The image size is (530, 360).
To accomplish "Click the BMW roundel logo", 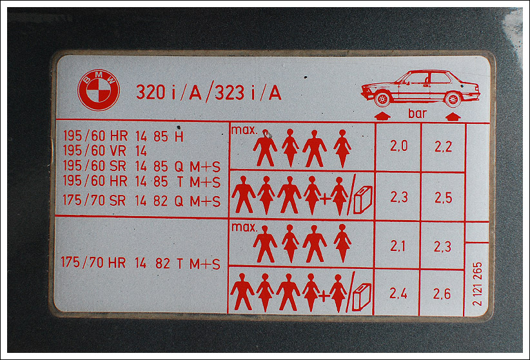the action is click(99, 90).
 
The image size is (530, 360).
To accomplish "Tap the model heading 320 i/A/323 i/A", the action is click(208, 92).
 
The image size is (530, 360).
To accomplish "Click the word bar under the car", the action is click(417, 114).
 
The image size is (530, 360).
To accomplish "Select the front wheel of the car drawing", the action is click(382, 99).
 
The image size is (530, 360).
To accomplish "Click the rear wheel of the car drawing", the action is click(453, 100).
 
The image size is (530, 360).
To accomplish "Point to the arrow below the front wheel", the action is click(382, 116).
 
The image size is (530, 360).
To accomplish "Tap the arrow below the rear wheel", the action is click(453, 117).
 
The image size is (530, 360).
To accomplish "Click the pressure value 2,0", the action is click(399, 146).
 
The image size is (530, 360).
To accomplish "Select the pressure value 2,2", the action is click(443, 146).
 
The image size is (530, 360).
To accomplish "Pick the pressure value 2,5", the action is click(443, 197).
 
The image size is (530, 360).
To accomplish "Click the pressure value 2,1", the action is click(398, 246).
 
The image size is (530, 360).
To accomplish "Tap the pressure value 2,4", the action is click(398, 294).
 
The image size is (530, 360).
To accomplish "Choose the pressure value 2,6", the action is click(442, 294).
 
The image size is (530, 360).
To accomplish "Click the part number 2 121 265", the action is click(477, 284).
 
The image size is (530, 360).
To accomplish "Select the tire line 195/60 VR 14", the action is click(105, 151).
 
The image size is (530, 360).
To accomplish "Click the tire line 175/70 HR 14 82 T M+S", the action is click(141, 263).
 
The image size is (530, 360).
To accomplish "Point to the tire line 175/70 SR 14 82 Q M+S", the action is click(141, 201).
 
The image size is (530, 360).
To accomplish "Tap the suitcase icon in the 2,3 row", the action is click(363, 199).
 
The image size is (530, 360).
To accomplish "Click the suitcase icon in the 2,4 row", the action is click(362, 297).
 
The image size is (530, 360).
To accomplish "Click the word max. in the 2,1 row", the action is click(244, 227).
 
